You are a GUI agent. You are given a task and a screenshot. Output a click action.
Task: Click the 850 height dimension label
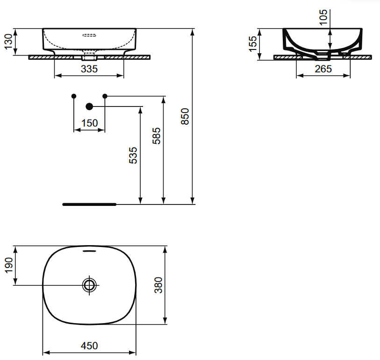click(x=185, y=116)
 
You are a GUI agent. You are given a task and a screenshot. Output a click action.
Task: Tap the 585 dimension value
click(x=157, y=136)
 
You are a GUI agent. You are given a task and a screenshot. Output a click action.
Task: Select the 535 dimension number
click(x=133, y=155)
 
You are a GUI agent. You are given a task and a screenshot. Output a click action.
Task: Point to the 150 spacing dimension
click(x=89, y=123)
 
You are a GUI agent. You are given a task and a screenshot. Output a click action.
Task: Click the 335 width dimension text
click(x=89, y=69)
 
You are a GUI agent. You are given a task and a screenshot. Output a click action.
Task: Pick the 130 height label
click(x=8, y=42)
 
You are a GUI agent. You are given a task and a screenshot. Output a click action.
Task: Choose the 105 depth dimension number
click(x=323, y=17)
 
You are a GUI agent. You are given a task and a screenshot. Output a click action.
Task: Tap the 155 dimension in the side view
click(x=252, y=44)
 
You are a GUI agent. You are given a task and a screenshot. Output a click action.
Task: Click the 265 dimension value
click(x=323, y=69)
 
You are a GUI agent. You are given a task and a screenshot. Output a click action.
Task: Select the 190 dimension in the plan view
click(x=9, y=265)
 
